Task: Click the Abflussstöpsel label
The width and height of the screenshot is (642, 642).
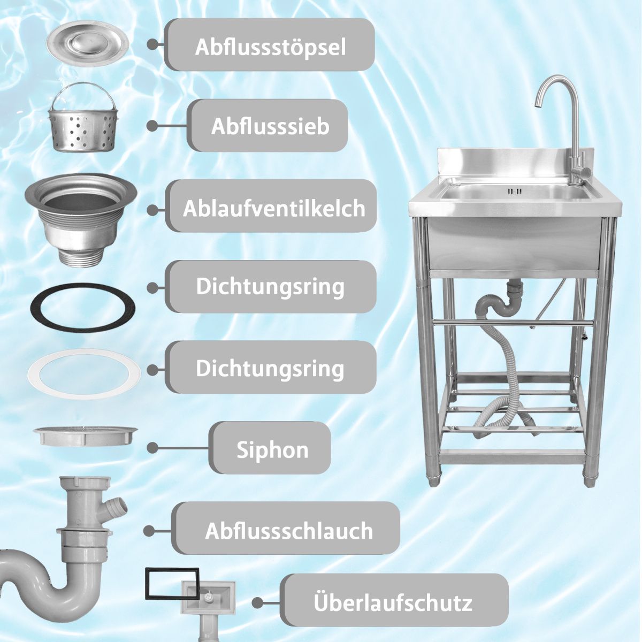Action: coord(270,47)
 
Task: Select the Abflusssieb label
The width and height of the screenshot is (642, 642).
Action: coord(270,127)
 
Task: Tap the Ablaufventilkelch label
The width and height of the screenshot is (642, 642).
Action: coord(274,209)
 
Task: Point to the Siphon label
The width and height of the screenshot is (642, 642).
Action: coord(272,450)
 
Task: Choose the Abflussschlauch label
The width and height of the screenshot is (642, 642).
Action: coord(289,531)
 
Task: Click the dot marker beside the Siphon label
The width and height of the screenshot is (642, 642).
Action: coord(152,448)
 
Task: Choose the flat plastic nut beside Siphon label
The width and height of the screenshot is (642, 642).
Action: coord(86,435)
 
